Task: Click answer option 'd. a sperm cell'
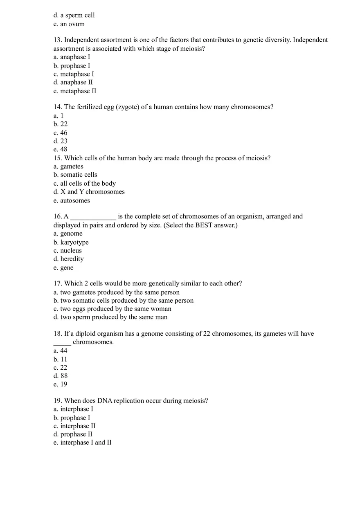click(x=74, y=16)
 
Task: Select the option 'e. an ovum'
click(x=69, y=24)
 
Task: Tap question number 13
click(x=58, y=40)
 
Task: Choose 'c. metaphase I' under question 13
click(x=74, y=74)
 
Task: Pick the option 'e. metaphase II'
click(x=75, y=91)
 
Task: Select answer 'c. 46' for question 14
click(x=61, y=133)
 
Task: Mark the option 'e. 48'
click(x=61, y=150)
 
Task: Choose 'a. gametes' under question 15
click(x=68, y=166)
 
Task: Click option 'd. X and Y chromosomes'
click(x=89, y=192)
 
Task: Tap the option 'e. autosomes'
click(x=72, y=201)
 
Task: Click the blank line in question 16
click(x=93, y=217)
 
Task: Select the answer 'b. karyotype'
click(x=71, y=243)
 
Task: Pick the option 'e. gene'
click(x=64, y=268)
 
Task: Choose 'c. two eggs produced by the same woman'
click(x=112, y=309)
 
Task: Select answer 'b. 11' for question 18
click(x=61, y=359)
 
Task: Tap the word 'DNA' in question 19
click(x=104, y=401)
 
